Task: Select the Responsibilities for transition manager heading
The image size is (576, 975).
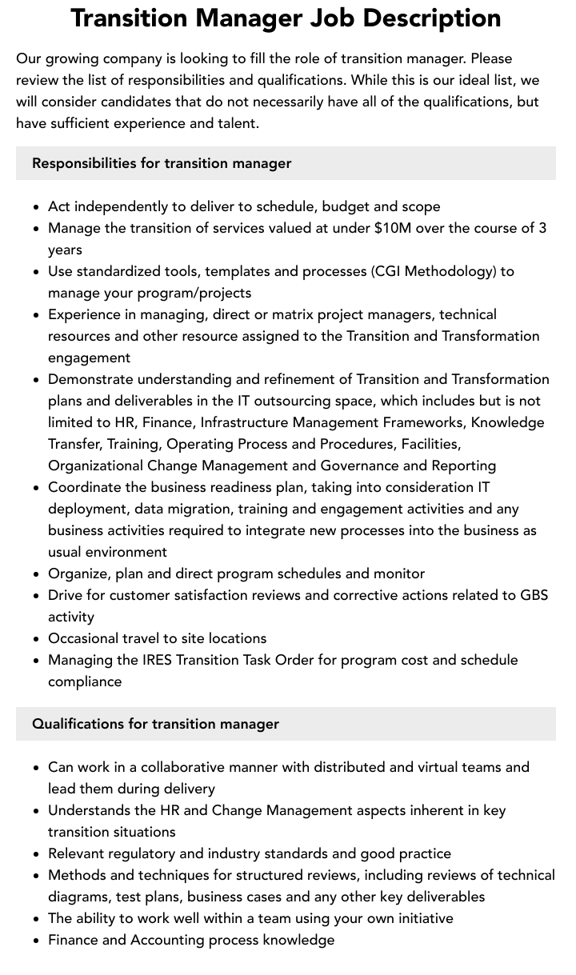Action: tap(162, 163)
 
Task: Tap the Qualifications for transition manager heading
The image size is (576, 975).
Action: tap(155, 724)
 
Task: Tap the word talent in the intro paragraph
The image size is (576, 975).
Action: tap(236, 123)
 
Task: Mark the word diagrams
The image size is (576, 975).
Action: tap(79, 897)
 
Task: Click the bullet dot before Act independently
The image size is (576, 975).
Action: tap(37, 207)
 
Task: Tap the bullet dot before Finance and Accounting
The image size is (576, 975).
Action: tap(37, 941)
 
